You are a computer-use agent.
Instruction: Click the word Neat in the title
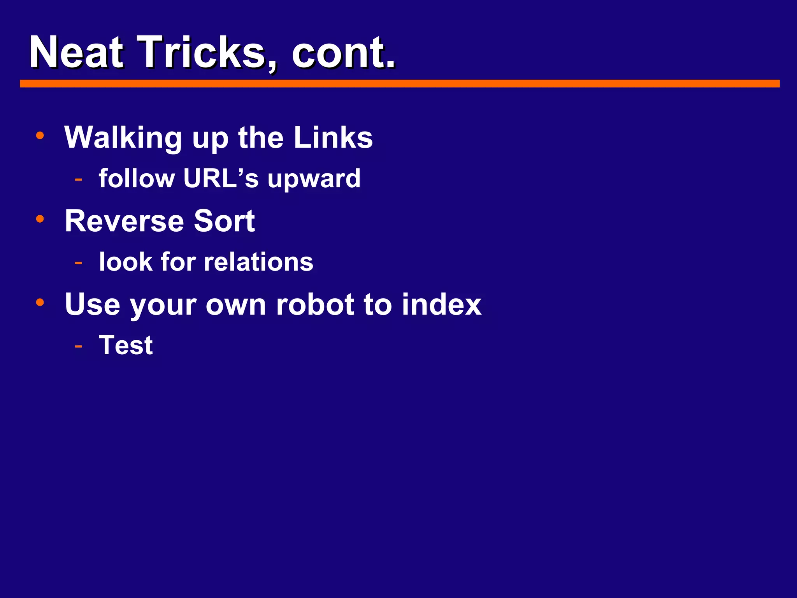(x=76, y=52)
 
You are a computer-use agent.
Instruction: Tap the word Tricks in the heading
(x=202, y=52)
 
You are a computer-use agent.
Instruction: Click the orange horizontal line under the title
(x=399, y=84)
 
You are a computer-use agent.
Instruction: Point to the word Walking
(x=123, y=138)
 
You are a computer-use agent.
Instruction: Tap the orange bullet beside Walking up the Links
(x=40, y=135)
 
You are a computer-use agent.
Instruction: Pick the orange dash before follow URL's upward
(x=79, y=179)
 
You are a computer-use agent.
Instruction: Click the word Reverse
(x=124, y=221)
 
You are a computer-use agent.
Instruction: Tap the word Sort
(x=224, y=221)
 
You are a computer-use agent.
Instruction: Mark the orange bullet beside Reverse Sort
(x=40, y=219)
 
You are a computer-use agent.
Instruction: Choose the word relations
(x=258, y=262)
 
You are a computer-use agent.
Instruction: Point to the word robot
(x=314, y=304)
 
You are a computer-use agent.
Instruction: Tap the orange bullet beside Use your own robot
(x=40, y=302)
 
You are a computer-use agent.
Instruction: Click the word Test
(x=126, y=345)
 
